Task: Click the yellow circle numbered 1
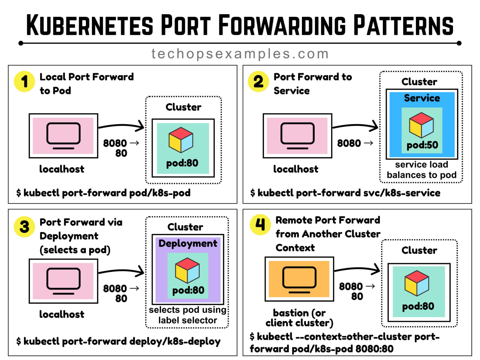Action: click(24, 81)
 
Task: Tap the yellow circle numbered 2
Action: click(258, 81)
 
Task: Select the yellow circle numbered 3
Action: click(24, 226)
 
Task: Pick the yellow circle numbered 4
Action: click(260, 225)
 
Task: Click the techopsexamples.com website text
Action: click(240, 54)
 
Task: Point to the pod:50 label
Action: click(422, 145)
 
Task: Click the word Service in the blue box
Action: click(422, 98)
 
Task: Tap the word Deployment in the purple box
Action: click(188, 244)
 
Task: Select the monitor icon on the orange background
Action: click(299, 280)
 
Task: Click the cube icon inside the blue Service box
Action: click(421, 125)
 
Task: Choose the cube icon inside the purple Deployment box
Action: click(187, 270)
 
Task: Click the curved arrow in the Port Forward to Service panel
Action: click(355, 126)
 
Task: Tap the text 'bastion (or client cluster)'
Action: click(299, 318)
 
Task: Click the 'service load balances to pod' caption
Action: click(421, 170)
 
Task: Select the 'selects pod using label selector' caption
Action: click(187, 315)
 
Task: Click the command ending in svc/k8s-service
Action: click(345, 193)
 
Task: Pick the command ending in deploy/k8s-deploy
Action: click(118, 341)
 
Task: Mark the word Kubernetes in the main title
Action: click(90, 25)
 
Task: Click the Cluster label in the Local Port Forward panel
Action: click(183, 107)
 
